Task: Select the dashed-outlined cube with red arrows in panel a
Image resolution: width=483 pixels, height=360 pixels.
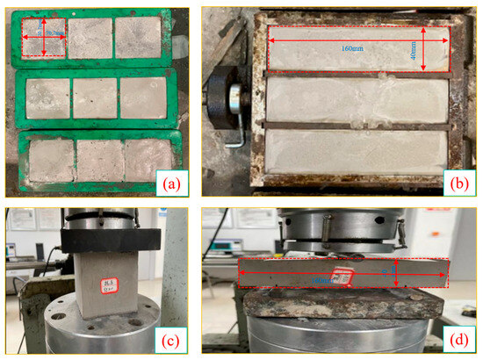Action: coord(43,38)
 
